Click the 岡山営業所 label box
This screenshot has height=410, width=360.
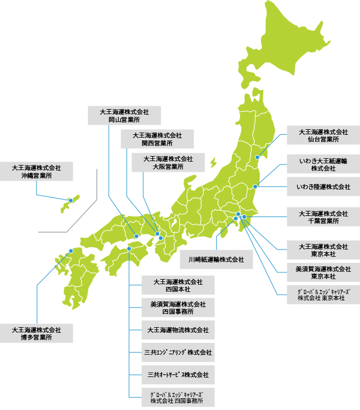[x=125, y=115]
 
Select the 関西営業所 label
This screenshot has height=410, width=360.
[x=157, y=139]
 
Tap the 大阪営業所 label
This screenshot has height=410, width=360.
[x=168, y=163]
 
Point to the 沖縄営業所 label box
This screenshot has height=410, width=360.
[x=36, y=171]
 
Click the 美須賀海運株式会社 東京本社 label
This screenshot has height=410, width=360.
[x=323, y=272]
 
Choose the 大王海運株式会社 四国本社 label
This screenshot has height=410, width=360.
[x=177, y=285]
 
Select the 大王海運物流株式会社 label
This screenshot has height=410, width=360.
[x=177, y=330]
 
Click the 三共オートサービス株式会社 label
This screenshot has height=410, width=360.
[x=177, y=374]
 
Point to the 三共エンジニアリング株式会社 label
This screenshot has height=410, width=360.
[x=177, y=352]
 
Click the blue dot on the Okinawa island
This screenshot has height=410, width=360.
[x=71, y=200]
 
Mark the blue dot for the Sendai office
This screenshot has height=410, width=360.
[x=257, y=157]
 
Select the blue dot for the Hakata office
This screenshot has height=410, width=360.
[x=71, y=251]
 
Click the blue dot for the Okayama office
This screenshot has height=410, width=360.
[x=136, y=236]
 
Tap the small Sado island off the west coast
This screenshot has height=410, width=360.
[x=213, y=162]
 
